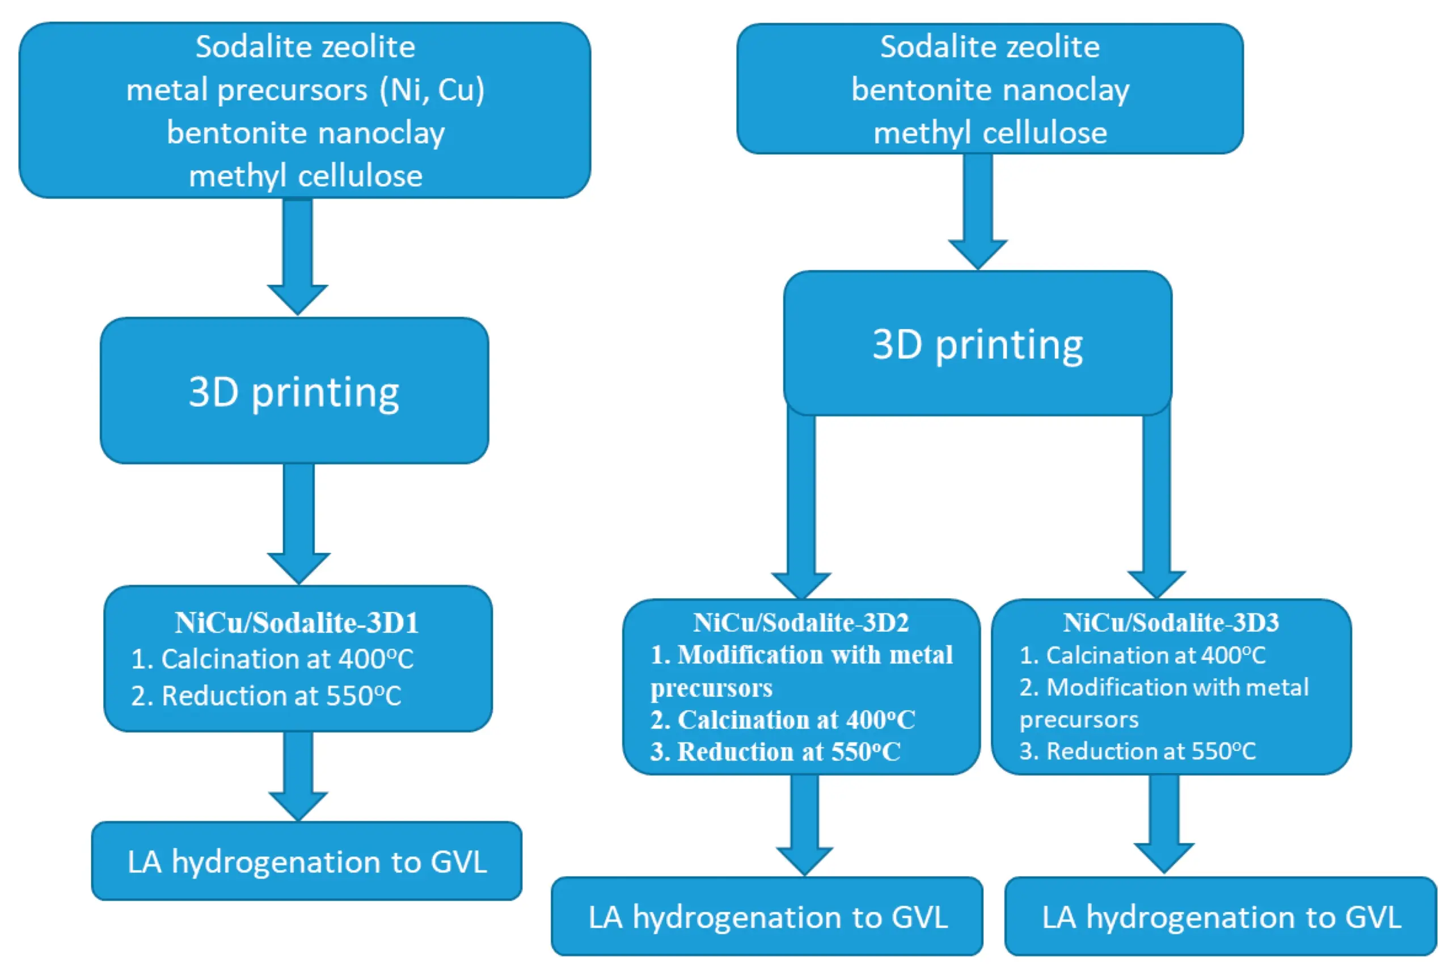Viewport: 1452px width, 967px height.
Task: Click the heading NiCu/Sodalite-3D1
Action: [297, 623]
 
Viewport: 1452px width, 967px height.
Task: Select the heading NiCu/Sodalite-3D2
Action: [801, 623]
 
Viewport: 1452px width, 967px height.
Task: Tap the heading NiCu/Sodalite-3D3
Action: [1171, 623]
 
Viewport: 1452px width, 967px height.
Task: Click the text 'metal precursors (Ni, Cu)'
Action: [305, 90]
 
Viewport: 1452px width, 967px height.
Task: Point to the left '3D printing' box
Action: [294, 391]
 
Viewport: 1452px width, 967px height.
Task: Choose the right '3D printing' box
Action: [977, 344]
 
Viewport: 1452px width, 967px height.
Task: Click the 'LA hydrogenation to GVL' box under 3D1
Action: [306, 862]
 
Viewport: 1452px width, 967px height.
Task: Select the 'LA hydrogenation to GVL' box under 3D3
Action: [1221, 917]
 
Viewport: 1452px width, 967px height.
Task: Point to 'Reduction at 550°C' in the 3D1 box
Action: [281, 696]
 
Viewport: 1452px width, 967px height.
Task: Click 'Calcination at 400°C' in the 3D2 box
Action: [795, 720]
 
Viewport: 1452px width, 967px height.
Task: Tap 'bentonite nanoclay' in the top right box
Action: [990, 90]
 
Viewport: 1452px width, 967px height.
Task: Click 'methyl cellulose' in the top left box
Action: [305, 176]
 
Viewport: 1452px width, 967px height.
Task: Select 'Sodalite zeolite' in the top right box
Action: [990, 47]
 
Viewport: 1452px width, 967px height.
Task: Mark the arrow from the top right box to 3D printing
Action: [978, 210]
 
